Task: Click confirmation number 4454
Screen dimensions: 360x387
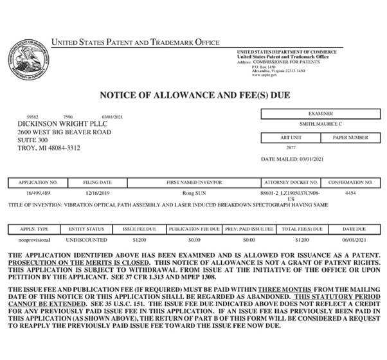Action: coord(350,193)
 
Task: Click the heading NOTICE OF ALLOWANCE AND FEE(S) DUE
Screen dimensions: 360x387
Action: coord(194,96)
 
